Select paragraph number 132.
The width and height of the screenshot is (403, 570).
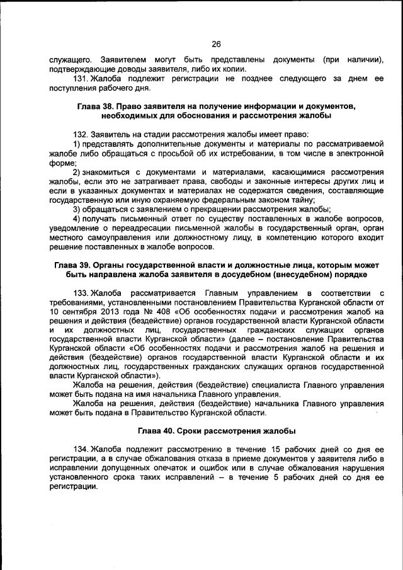[81, 134]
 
